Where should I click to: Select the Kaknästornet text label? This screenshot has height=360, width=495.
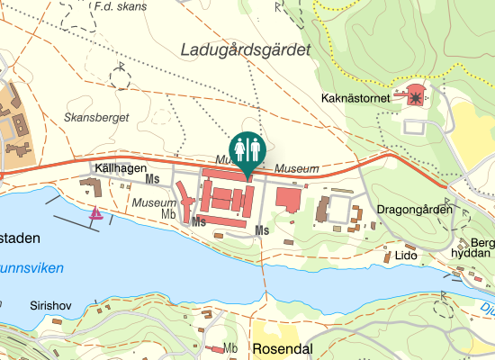358,97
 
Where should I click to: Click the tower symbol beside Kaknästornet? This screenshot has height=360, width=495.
415,94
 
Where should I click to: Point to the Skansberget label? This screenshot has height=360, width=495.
97,118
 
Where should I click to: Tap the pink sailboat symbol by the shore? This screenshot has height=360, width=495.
95,213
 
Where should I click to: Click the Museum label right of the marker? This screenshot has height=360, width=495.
297,168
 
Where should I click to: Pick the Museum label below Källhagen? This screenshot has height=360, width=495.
154,203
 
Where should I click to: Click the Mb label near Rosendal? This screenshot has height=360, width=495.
230,347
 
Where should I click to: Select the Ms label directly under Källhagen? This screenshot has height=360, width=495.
152,182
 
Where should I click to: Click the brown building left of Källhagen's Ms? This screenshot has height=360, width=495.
91,187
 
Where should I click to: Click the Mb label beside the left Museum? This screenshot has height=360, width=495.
168,214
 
